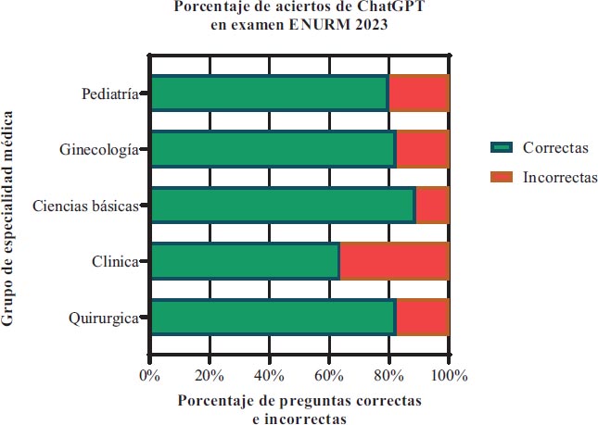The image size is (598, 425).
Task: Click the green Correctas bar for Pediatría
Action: (x=269, y=94)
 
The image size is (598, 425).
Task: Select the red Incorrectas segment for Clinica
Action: (x=394, y=262)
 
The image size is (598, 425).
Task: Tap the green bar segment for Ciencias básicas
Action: (x=283, y=206)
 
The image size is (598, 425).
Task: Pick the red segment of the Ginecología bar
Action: (x=422, y=150)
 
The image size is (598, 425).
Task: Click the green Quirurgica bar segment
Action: (x=273, y=318)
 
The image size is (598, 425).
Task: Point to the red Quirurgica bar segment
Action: (x=422, y=318)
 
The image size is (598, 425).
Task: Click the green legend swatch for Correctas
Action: (x=502, y=148)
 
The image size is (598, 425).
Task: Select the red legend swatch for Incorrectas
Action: (x=502, y=176)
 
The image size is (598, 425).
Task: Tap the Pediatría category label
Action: (x=109, y=94)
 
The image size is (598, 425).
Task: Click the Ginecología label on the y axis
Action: (x=98, y=150)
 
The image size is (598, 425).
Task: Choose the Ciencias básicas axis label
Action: (x=85, y=206)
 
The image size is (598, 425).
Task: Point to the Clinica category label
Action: (x=115, y=262)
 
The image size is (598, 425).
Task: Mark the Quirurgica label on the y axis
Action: (x=104, y=319)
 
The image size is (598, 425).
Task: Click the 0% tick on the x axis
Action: (x=149, y=375)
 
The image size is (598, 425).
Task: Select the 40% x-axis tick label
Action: (x=269, y=375)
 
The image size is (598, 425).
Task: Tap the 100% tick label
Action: (x=449, y=375)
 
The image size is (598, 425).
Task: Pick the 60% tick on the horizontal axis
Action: (x=329, y=375)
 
